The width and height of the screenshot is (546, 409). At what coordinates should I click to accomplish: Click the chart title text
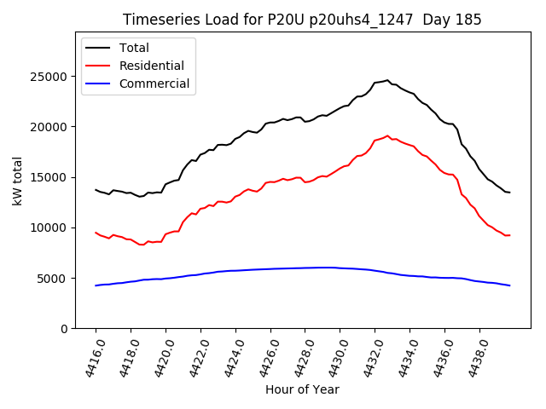click(302, 20)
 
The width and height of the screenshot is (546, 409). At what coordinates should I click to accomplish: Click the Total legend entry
click(136, 48)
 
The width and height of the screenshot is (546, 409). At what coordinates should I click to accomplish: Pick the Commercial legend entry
click(154, 84)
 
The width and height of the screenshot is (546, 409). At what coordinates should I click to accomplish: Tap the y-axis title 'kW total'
click(18, 181)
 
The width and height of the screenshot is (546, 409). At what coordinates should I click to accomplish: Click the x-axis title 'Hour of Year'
click(302, 389)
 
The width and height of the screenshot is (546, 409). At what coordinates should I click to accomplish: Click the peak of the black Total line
click(387, 80)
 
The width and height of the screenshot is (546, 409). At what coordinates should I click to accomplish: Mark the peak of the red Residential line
click(387, 135)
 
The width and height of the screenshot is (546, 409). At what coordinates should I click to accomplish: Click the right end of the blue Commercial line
click(509, 285)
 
